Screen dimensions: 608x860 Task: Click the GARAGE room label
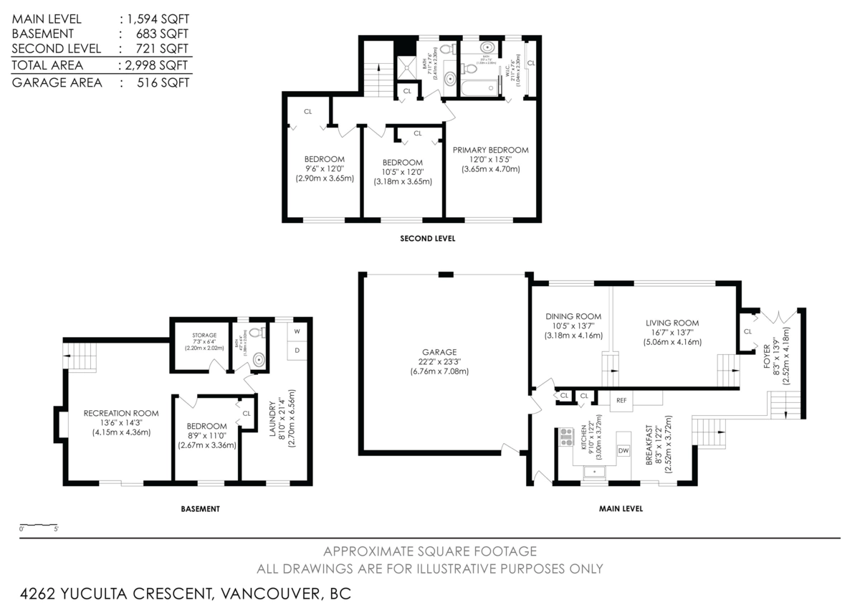[439, 352]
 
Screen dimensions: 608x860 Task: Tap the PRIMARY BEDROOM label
[490, 150]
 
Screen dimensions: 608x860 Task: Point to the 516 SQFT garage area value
[163, 82]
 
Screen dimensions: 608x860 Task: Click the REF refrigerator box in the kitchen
[621, 400]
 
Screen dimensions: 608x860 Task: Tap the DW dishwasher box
[623, 450]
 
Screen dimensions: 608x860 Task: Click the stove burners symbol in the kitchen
[566, 437]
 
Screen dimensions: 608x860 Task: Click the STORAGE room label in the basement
[204, 335]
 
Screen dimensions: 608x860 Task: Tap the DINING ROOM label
[573, 316]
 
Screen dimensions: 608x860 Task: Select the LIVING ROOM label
[672, 323]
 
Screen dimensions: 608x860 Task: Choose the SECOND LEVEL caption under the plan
[427, 239]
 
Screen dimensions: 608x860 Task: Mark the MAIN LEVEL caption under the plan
[621, 508]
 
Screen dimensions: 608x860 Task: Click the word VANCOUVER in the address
[270, 594]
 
